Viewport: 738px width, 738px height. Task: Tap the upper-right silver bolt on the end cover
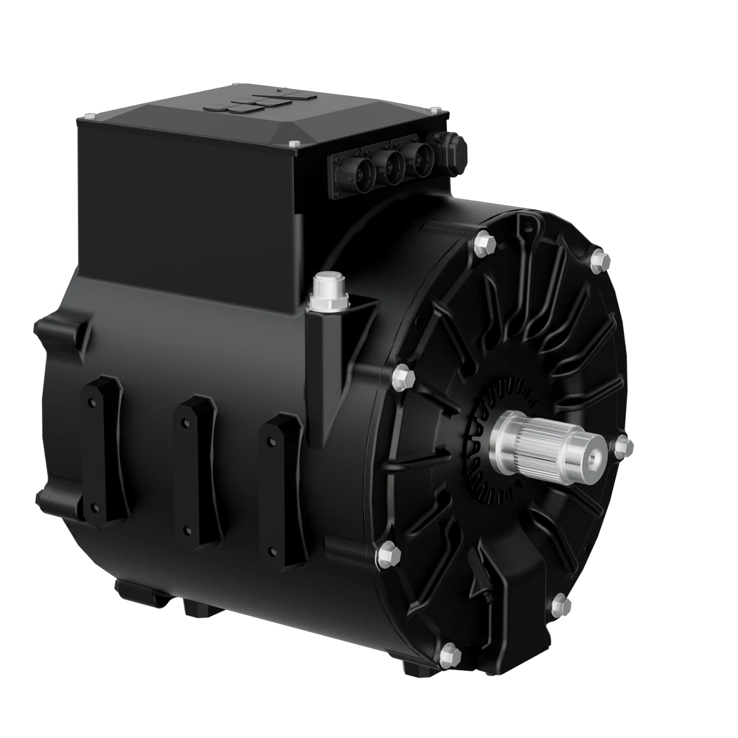point(599,261)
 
